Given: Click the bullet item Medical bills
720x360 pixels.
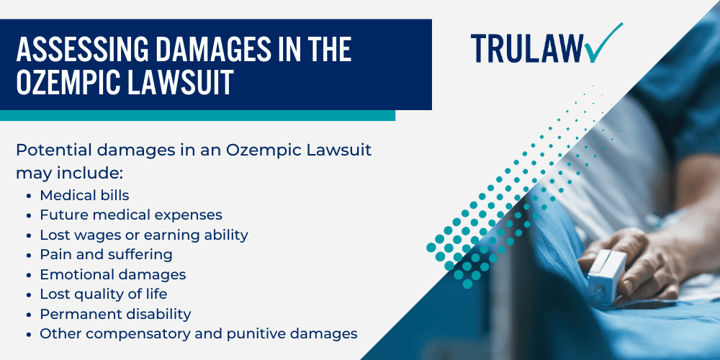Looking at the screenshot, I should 84,195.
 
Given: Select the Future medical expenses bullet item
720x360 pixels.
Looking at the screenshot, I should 130,215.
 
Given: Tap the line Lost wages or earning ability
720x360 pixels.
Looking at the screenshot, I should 144,235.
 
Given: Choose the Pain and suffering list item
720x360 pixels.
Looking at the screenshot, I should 106,254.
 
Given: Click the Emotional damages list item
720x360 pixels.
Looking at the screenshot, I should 112,274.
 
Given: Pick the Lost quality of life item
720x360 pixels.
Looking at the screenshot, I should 103,294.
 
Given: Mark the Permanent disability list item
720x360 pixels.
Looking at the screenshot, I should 115,314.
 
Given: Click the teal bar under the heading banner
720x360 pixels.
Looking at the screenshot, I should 197,115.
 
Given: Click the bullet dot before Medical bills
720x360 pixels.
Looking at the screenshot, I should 27,196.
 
